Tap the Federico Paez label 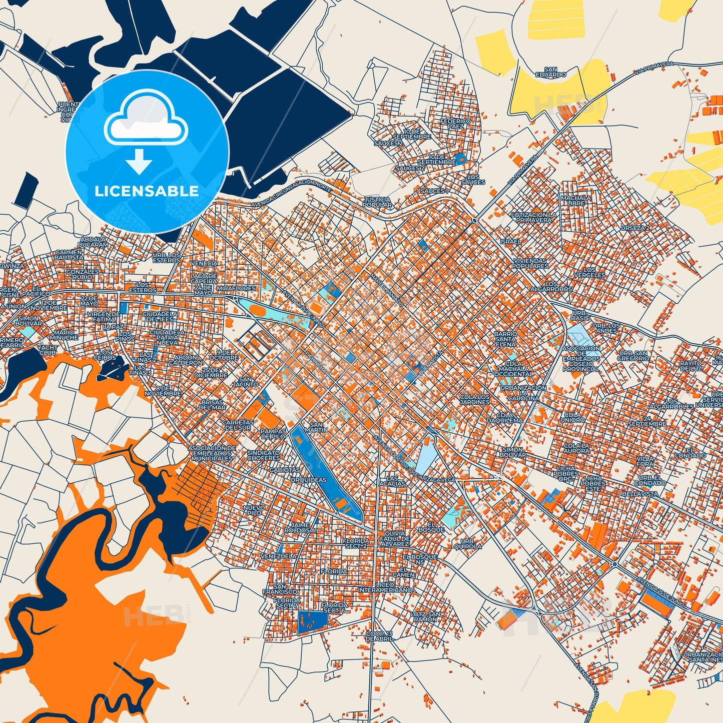click(455, 124)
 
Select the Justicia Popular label click(377, 202)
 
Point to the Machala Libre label click(576, 200)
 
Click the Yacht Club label click(48, 350)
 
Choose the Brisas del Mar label click(213, 404)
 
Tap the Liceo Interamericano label click(385, 587)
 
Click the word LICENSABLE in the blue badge click(147, 191)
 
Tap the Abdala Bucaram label click(93, 242)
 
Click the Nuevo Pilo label click(254, 510)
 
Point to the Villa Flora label click(645, 461)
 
